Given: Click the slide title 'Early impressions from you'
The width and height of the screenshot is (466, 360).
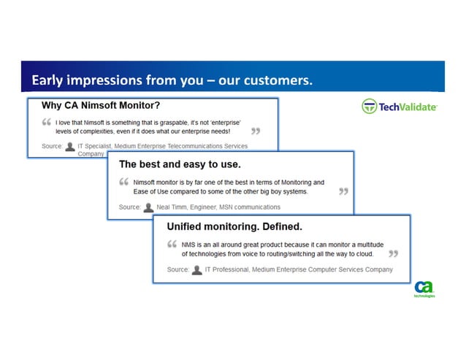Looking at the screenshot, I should pos(172,80).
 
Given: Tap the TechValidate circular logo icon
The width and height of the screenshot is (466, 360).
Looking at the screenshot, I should pos(370,107).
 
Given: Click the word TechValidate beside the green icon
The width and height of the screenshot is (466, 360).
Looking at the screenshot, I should pos(408,107).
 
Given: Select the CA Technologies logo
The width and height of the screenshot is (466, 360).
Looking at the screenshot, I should pos(424,289).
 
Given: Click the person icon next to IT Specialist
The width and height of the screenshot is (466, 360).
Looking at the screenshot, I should pos(69,146).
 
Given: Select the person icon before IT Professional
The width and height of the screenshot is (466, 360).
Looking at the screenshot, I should pos(196,269).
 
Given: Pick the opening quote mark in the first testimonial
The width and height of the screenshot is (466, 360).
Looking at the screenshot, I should pos(47,121).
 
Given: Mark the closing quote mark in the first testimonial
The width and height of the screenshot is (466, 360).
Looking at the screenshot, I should pos(255,131).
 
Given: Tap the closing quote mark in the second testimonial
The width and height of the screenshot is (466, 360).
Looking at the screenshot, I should pos(343,192).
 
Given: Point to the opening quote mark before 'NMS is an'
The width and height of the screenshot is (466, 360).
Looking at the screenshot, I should pos(172,243).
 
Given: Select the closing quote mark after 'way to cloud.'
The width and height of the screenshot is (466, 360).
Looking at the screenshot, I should pos(393,254).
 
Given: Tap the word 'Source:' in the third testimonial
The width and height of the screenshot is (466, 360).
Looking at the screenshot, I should pos(178,269).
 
